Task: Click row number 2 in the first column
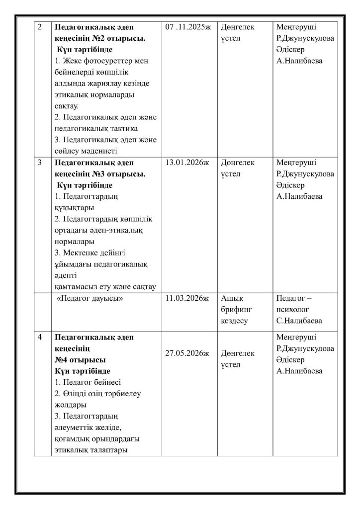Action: coord(40,27)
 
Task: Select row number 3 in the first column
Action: coord(40,163)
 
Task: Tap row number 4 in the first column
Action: coord(40,337)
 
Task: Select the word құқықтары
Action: coord(75,208)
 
